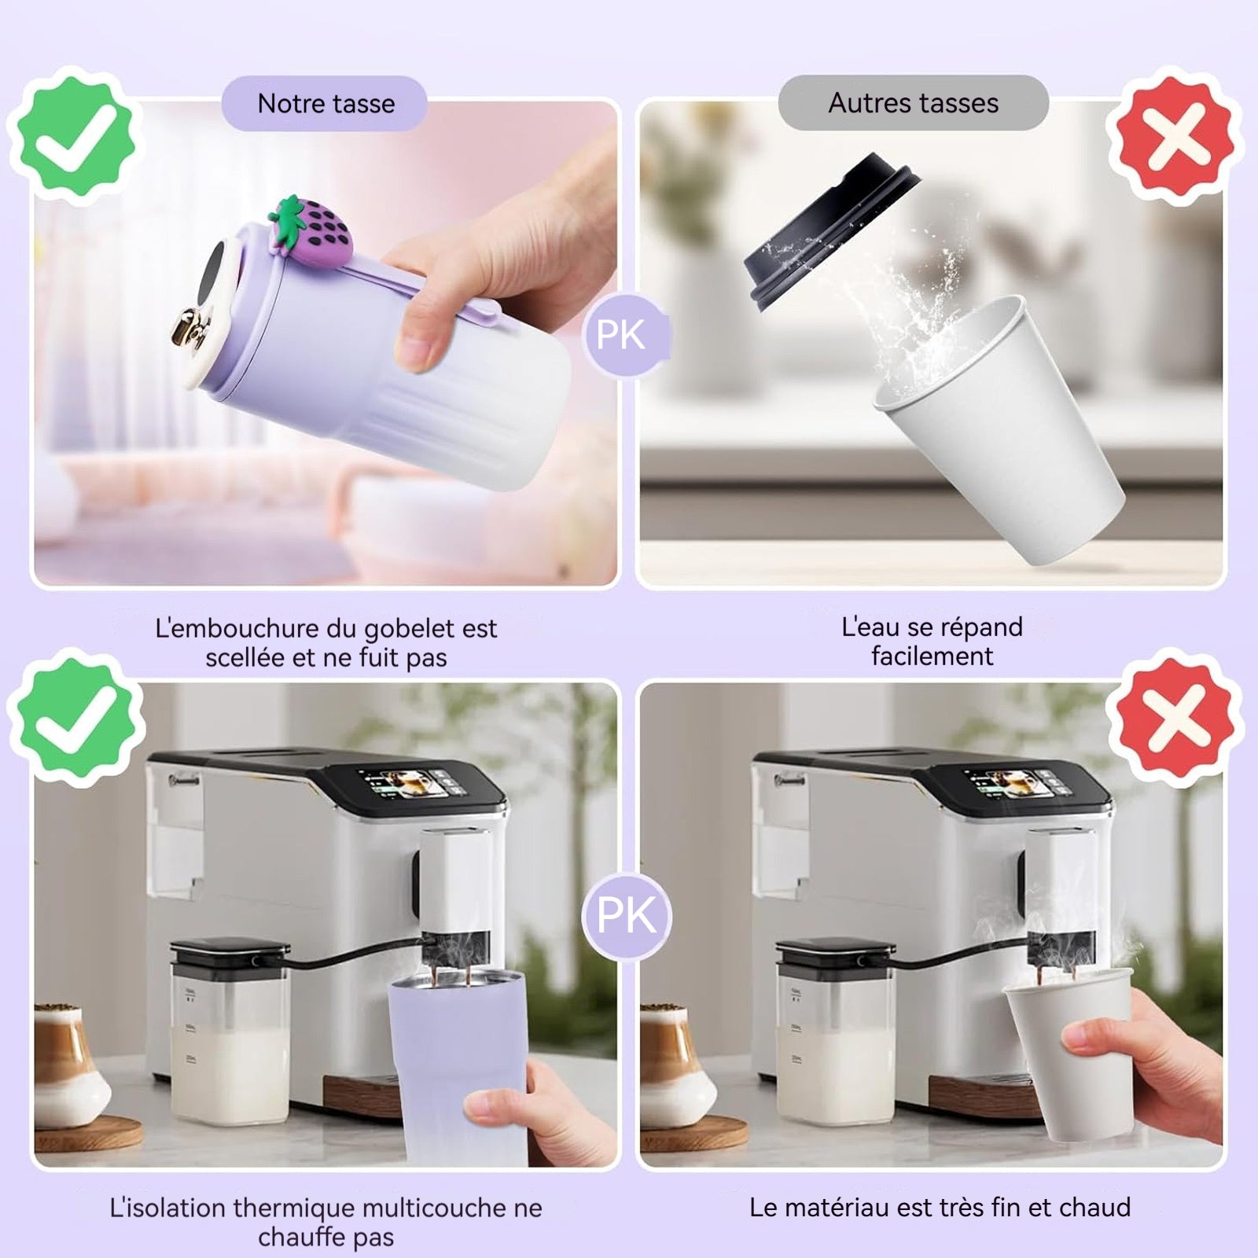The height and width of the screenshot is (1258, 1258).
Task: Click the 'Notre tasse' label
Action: pos(326,104)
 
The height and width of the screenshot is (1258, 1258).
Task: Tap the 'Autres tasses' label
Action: pos(914,103)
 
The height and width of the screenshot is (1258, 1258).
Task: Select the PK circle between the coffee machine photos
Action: pos(627,915)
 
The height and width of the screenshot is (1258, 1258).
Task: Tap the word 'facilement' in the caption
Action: pos(932,656)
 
